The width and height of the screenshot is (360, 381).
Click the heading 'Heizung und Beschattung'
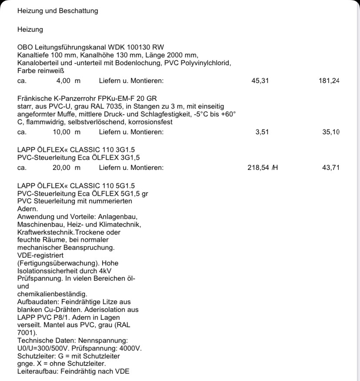click(x=57, y=11)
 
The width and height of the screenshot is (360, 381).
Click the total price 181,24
click(x=329, y=80)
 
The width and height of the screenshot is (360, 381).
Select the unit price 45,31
click(x=260, y=80)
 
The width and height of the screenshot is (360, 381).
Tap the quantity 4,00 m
click(x=68, y=80)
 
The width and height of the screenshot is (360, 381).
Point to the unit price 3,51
click(x=262, y=132)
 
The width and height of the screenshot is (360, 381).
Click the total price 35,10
click(x=330, y=132)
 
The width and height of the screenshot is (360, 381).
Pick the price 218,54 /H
click(x=263, y=168)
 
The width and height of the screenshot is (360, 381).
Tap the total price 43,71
click(x=330, y=168)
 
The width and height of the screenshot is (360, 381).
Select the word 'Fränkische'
click(x=35, y=99)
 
